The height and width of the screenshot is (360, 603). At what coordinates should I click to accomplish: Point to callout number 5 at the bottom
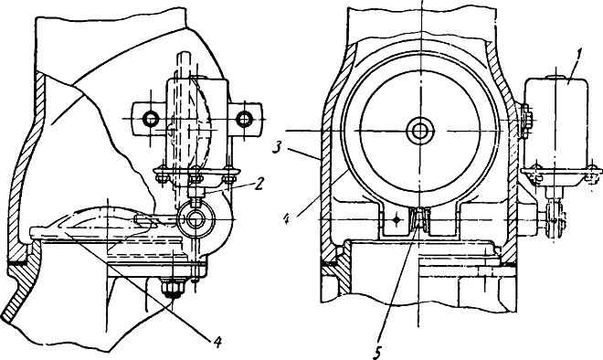[x=377, y=352]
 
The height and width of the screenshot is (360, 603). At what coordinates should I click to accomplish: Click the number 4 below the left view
[x=217, y=341]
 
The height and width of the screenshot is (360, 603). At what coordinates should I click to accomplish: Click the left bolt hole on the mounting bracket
[x=150, y=119]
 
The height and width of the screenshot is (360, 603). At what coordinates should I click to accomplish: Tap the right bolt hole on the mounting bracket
[x=244, y=119]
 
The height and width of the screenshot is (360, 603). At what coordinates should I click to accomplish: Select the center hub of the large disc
[x=420, y=132]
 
